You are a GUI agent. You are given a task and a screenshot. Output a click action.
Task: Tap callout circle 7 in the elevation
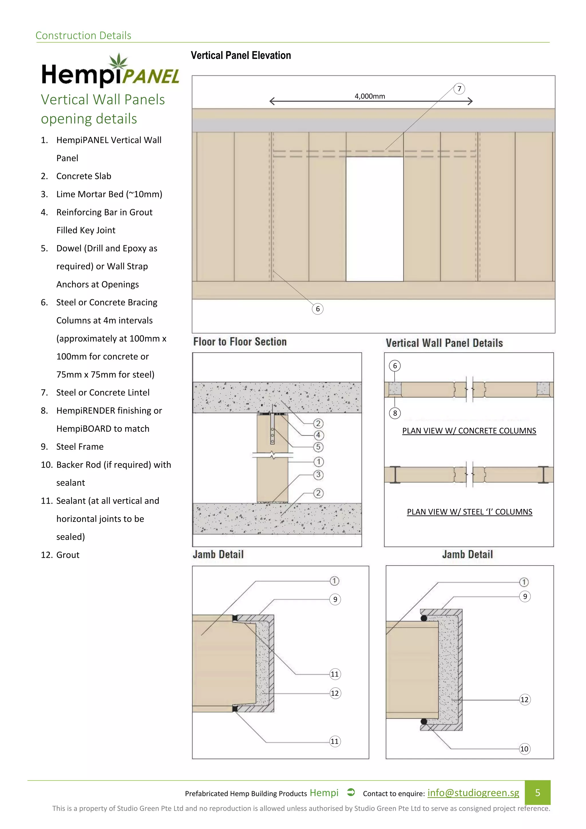tap(459, 89)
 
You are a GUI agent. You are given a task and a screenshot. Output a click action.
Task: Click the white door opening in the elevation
tap(375, 219)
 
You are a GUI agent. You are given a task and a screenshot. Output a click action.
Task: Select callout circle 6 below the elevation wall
tap(318, 309)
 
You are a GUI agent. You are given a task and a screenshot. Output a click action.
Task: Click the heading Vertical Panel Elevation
tap(241, 55)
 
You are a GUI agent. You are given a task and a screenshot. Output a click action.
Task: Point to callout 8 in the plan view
tap(395, 413)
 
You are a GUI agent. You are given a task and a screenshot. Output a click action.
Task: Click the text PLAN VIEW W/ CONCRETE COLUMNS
tap(469, 431)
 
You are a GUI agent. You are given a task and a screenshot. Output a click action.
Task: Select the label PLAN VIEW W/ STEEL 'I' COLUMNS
tap(470, 512)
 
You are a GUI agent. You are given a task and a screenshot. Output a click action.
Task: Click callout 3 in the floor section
tap(318, 475)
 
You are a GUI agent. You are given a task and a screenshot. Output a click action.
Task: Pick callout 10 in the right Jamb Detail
tap(524, 749)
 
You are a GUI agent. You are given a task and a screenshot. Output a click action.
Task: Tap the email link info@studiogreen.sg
tap(473, 793)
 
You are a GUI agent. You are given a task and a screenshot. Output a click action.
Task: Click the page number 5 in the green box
tap(537, 793)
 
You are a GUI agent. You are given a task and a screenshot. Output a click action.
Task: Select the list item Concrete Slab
tap(84, 176)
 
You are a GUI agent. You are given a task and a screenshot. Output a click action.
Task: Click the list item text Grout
tap(68, 555)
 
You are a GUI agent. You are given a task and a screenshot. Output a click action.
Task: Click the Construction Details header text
tap(83, 35)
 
